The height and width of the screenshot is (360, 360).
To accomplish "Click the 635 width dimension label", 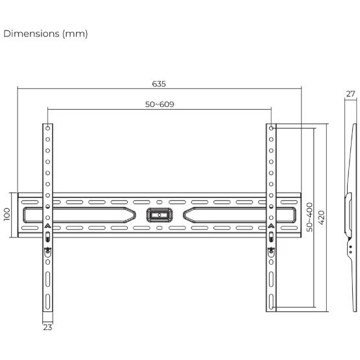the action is coord(159,84).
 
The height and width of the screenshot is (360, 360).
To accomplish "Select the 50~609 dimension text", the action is coord(160,104).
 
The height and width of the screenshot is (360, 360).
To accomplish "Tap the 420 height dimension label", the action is coord(322,217).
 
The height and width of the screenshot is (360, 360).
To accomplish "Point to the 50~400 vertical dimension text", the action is coord(309,217).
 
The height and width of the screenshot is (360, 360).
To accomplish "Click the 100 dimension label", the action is coord(7,215).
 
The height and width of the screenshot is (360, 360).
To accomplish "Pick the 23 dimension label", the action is coord(47,327).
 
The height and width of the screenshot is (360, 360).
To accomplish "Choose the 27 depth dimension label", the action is coord(350,93).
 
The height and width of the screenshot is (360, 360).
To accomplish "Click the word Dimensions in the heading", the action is coord(31,34).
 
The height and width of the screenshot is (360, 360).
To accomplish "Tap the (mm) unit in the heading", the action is coord(75,34).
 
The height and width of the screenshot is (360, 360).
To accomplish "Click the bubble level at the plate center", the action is coord(160,215).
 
